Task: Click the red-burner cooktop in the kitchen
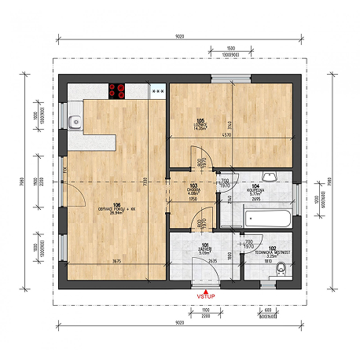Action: (119, 90)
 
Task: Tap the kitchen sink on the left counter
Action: (75, 121)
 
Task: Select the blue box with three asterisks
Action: (158, 91)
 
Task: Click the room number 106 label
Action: (116, 203)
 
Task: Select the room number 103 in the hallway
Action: (193, 186)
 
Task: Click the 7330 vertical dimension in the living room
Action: (144, 181)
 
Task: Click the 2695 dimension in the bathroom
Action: (255, 200)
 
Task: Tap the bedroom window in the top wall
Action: (232, 77)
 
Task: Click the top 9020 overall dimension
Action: (179, 36)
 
